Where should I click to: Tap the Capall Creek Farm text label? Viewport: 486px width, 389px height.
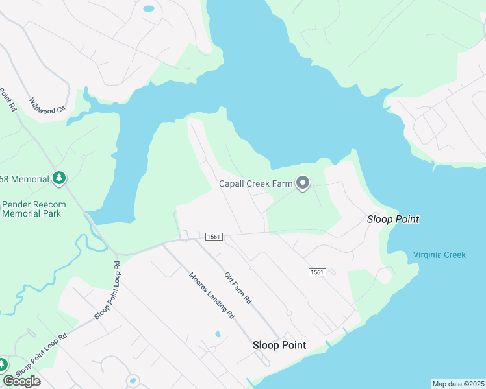[255, 184]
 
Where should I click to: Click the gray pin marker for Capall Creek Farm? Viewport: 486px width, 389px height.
[302, 184]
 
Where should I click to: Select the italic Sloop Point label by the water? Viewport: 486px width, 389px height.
[393, 219]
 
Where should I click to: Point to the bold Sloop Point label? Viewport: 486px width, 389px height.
[279, 345]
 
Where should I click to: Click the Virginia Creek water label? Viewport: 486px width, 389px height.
[439, 255]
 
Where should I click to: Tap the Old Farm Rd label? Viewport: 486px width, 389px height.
[237, 289]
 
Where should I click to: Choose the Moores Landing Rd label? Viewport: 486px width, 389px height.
[211, 296]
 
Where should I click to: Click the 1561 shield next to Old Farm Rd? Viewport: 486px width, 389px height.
[214, 237]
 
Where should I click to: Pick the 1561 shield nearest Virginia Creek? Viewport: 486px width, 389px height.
[316, 272]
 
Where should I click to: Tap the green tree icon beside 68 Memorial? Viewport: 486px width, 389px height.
[59, 178]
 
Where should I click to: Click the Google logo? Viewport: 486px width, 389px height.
[21, 381]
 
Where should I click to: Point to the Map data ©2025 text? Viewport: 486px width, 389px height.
[458, 384]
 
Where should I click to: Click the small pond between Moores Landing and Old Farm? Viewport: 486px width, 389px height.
[218, 335]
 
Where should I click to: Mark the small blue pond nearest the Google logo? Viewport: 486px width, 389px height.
[133, 380]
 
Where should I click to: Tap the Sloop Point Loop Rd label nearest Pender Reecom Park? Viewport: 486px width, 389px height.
[108, 290]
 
